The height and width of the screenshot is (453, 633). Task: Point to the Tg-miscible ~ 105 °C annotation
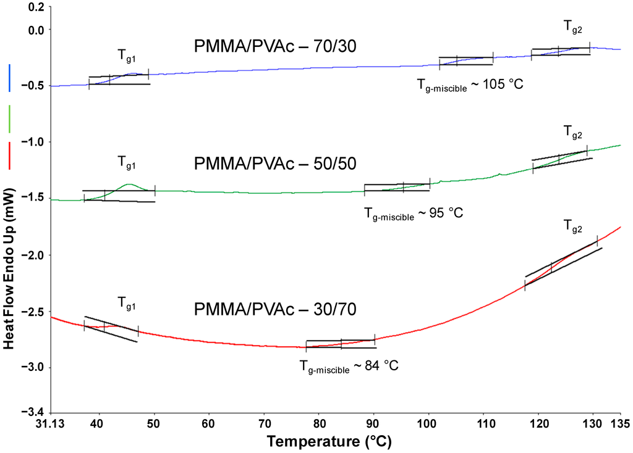[x=470, y=83]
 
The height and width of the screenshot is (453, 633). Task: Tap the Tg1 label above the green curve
[x=127, y=164]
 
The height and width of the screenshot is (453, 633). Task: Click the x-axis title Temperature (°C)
[x=329, y=442]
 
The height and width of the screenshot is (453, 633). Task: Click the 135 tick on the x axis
[x=620, y=424]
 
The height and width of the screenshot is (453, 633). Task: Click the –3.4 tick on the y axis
[x=33, y=412]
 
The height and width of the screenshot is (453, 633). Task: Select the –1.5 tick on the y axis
[x=33, y=197]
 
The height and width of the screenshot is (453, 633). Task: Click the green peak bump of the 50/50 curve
[x=129, y=185]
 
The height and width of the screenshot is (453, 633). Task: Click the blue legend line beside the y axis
[x=10, y=78]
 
